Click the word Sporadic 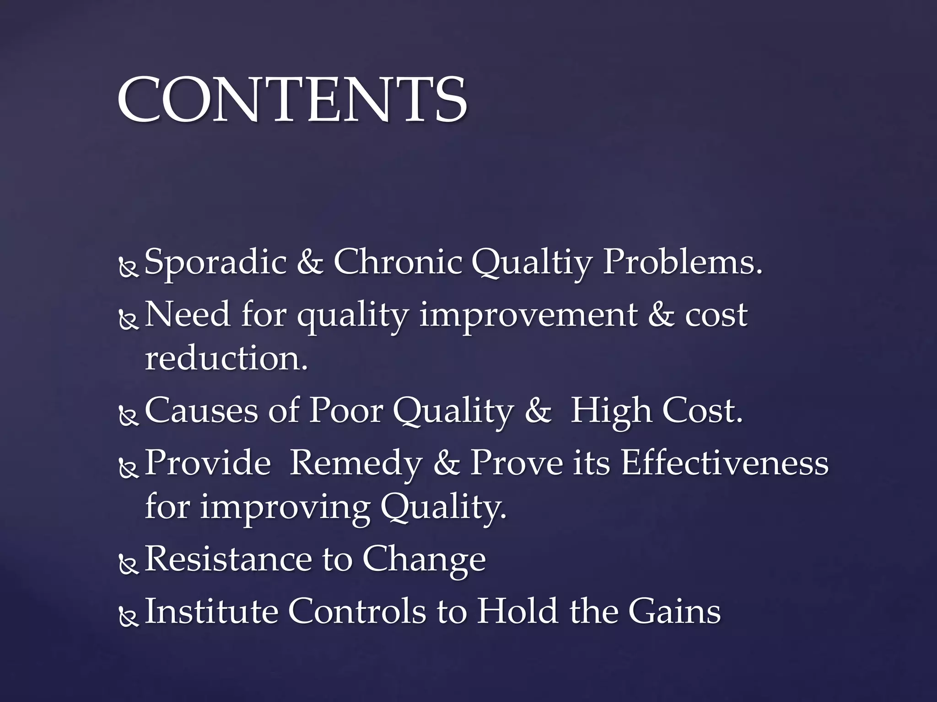215,262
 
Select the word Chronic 397,262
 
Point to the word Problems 682,262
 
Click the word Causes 201,410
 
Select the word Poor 345,410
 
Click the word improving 285,508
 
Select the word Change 424,560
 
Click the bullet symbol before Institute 129,617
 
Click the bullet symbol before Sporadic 129,268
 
